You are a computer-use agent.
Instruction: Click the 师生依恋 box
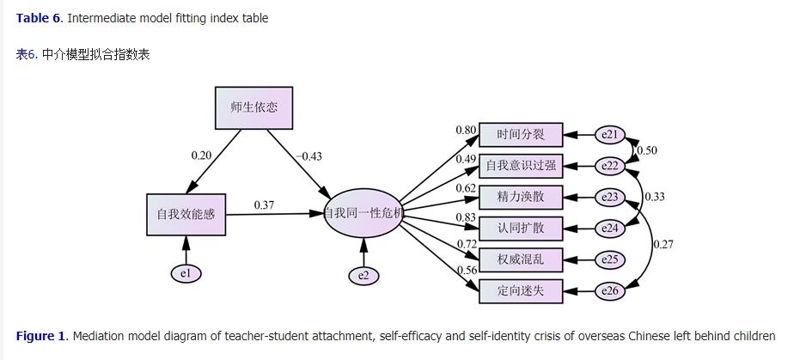[x=253, y=108]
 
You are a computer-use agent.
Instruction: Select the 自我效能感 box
[x=186, y=214]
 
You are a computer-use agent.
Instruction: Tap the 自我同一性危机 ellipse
[x=363, y=212]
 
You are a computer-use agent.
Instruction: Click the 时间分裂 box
[x=520, y=135]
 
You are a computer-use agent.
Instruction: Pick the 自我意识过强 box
[x=520, y=166]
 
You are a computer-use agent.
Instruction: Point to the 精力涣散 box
[x=520, y=197]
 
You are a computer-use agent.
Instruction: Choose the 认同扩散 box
[x=520, y=229]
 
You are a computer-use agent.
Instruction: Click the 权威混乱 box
[x=520, y=259]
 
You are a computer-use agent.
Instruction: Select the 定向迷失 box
[x=520, y=290]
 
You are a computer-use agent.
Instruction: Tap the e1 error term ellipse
[x=186, y=273]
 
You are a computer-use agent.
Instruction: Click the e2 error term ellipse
[x=363, y=275]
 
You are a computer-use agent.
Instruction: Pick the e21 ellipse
[x=610, y=135]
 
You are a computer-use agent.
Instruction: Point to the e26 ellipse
[x=610, y=291]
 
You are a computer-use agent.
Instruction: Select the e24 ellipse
[x=610, y=229]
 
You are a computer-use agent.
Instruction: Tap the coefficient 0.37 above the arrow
[x=264, y=204]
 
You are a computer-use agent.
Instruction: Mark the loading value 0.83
[x=467, y=218]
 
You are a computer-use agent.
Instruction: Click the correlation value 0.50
[x=647, y=150]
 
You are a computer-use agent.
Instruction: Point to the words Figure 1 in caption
[x=40, y=336]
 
